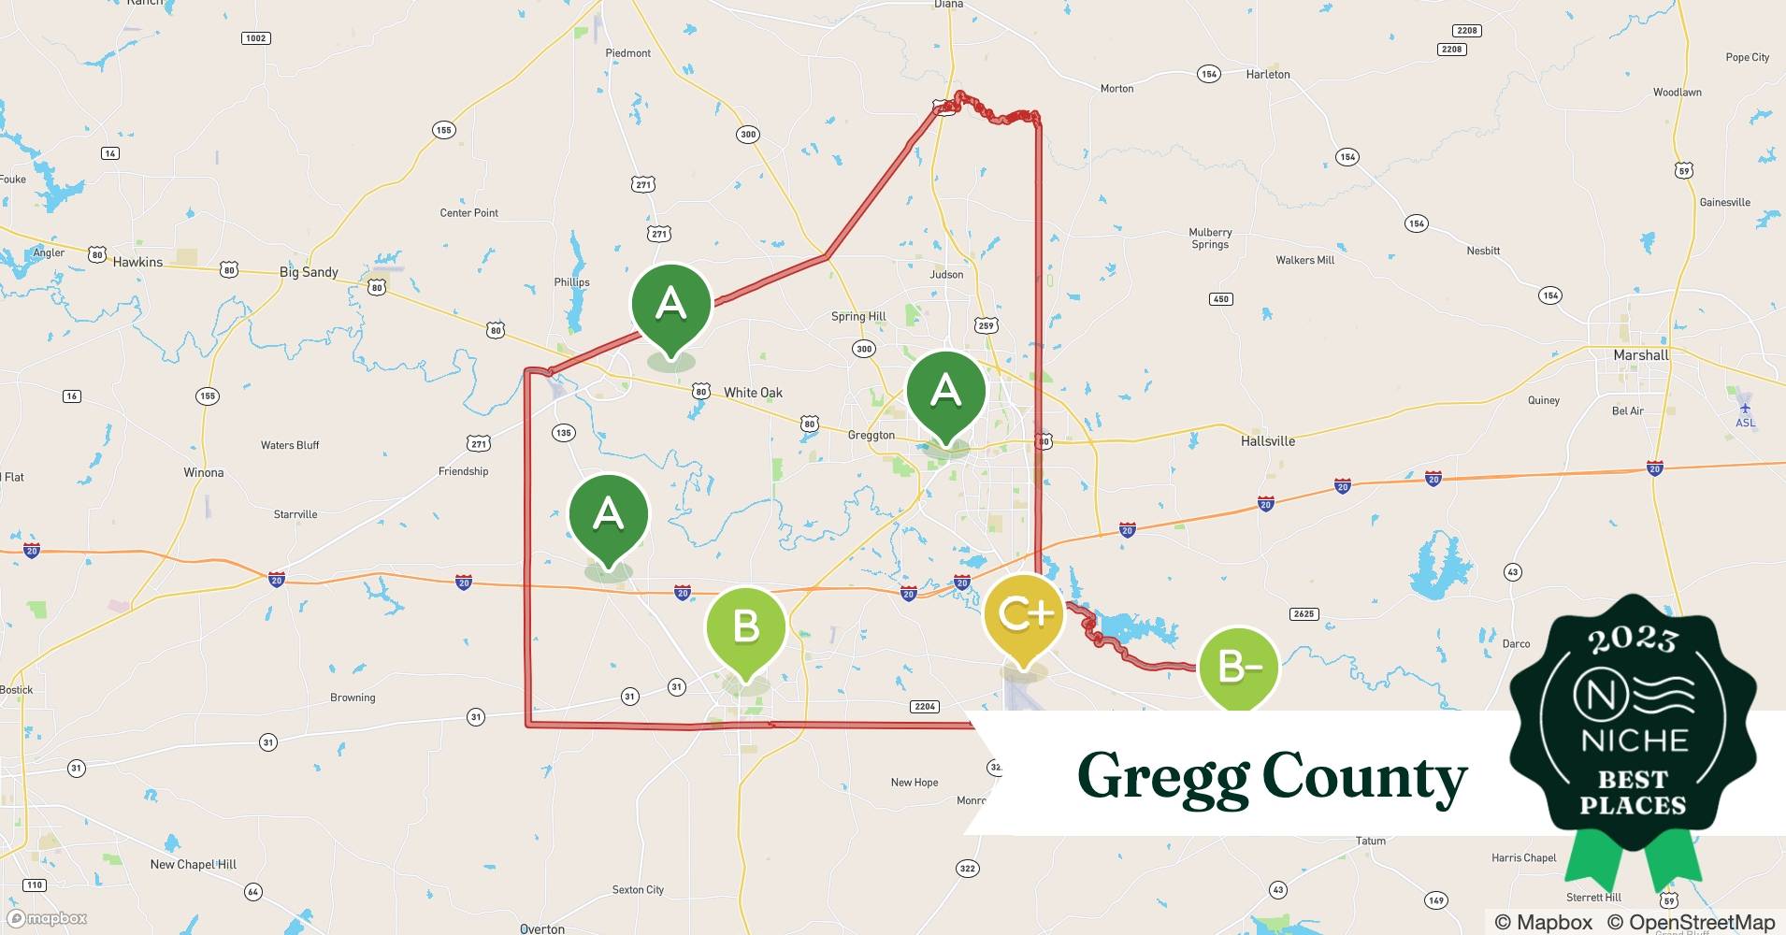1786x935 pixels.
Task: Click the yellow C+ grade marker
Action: point(1024,616)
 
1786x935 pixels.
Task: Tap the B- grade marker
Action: point(1236,668)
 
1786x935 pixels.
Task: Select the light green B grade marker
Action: point(745,626)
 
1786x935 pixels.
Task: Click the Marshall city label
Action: point(1640,355)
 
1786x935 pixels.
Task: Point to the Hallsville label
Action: point(1267,440)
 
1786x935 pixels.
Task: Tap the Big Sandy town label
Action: point(309,272)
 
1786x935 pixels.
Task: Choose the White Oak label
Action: point(753,393)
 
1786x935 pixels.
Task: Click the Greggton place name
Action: point(871,436)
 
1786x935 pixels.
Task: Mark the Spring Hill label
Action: point(858,316)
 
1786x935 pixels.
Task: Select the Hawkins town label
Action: point(137,262)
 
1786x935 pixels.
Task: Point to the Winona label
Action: point(203,472)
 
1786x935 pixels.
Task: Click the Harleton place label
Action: point(1267,74)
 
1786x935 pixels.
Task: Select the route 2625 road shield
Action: point(1303,614)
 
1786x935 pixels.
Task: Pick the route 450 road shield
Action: point(1220,299)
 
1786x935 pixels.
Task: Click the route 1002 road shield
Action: point(255,38)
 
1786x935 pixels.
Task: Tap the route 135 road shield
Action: point(563,433)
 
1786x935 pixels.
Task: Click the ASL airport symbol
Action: point(1745,408)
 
